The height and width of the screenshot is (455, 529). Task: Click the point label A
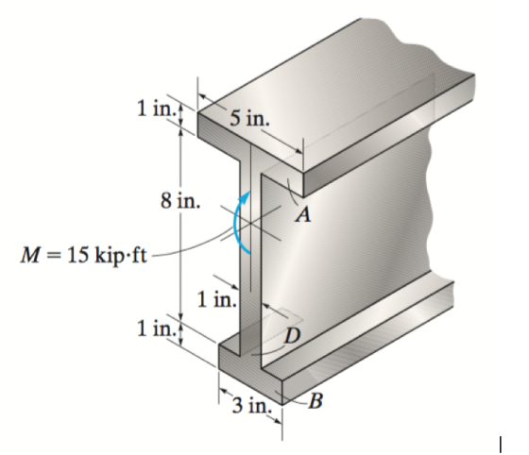(303, 214)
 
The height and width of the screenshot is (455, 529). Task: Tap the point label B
(316, 401)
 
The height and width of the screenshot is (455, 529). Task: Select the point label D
(292, 336)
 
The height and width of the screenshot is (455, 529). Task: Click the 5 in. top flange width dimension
(249, 118)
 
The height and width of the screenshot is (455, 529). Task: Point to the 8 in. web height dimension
(180, 201)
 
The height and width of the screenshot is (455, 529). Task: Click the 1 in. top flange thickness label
(156, 109)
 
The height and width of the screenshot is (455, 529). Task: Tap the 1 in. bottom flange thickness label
(156, 329)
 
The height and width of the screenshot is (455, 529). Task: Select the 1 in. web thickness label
(216, 299)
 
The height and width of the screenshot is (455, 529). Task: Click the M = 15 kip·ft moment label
(84, 256)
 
